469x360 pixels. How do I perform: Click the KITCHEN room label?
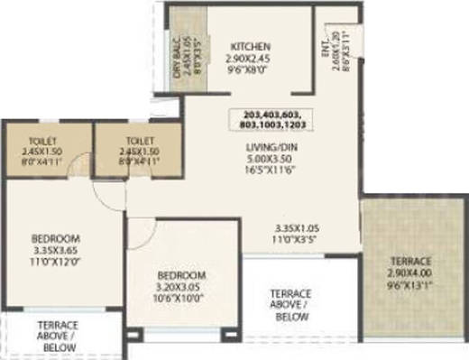point(248,47)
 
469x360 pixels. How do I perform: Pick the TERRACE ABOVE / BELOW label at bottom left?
point(58,337)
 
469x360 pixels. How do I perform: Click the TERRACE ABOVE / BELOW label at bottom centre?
point(290,305)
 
